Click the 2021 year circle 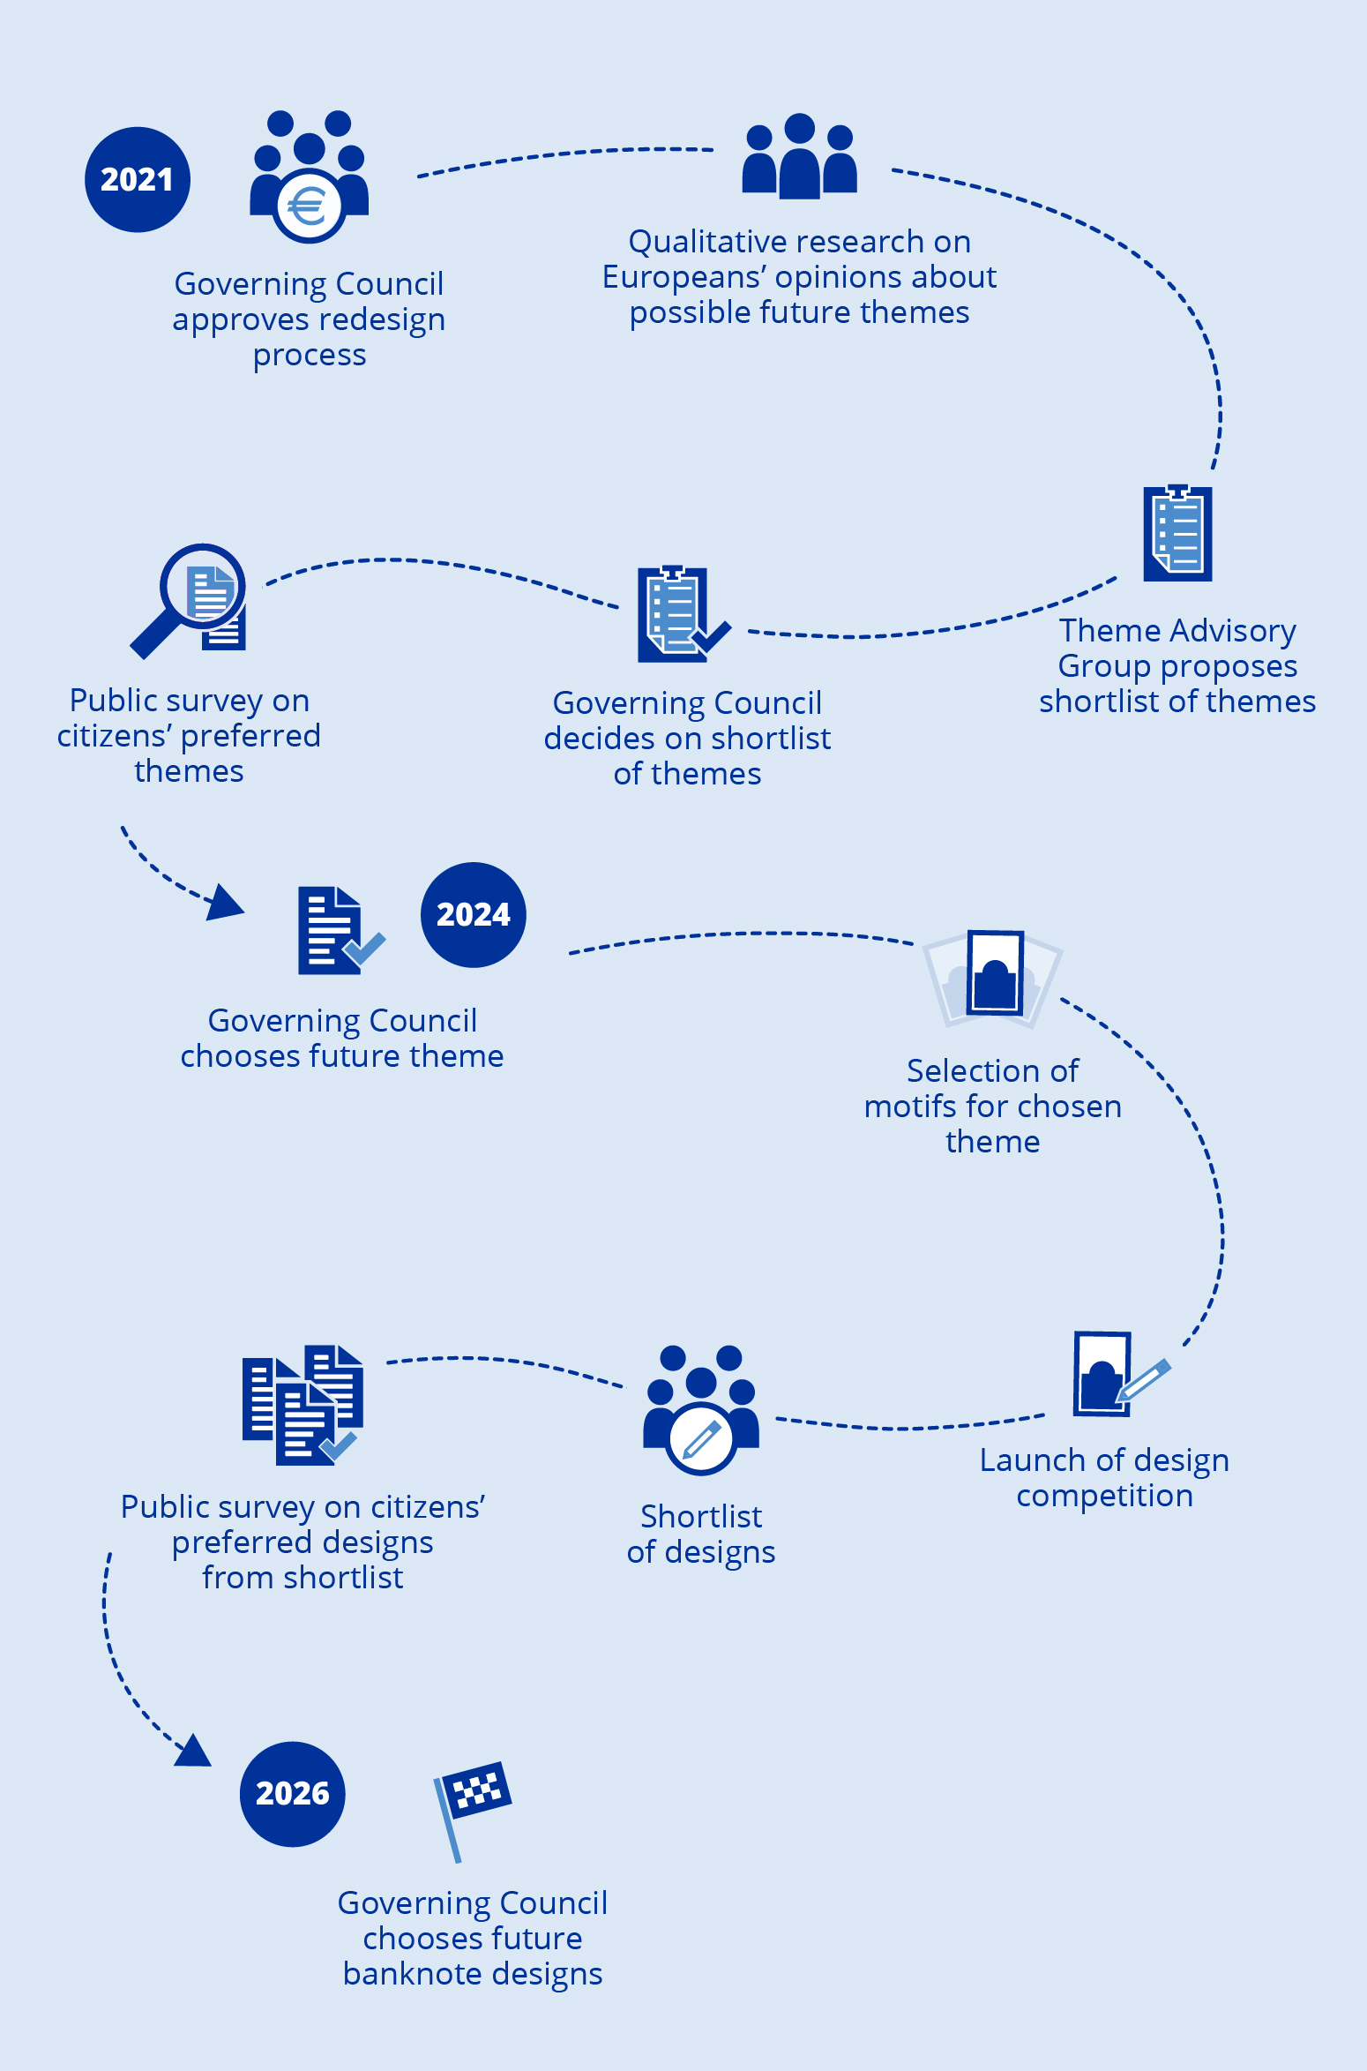pos(137,180)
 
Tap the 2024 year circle pos(473,914)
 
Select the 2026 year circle pos(292,1793)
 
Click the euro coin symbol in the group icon pos(308,206)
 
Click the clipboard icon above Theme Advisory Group pos(1177,533)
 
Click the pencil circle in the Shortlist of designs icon pos(701,1438)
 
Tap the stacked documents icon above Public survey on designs pos(303,1405)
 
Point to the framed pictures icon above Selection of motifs pos(993,978)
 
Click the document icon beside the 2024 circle pos(335,930)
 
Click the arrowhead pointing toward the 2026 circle pos(193,1751)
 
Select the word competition pos(1104,1496)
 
